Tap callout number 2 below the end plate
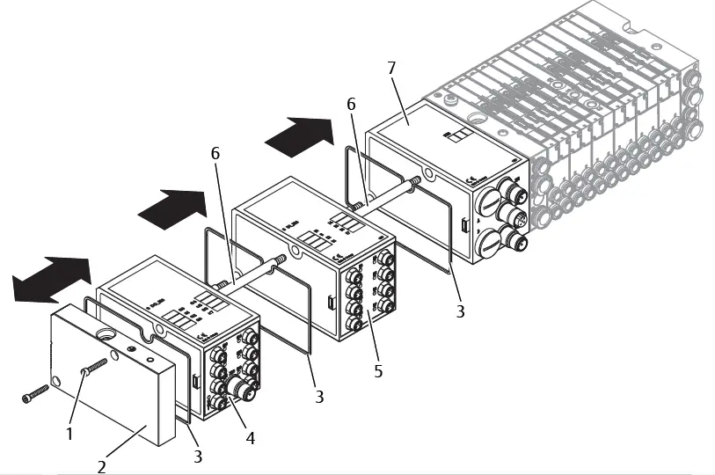[x=102, y=466]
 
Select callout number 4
[x=251, y=437]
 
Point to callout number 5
[x=378, y=371]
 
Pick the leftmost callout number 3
[x=197, y=456]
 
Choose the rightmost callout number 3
[x=460, y=311]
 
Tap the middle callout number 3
[x=318, y=397]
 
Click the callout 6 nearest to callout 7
[x=351, y=104]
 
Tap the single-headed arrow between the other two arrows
[x=172, y=206]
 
